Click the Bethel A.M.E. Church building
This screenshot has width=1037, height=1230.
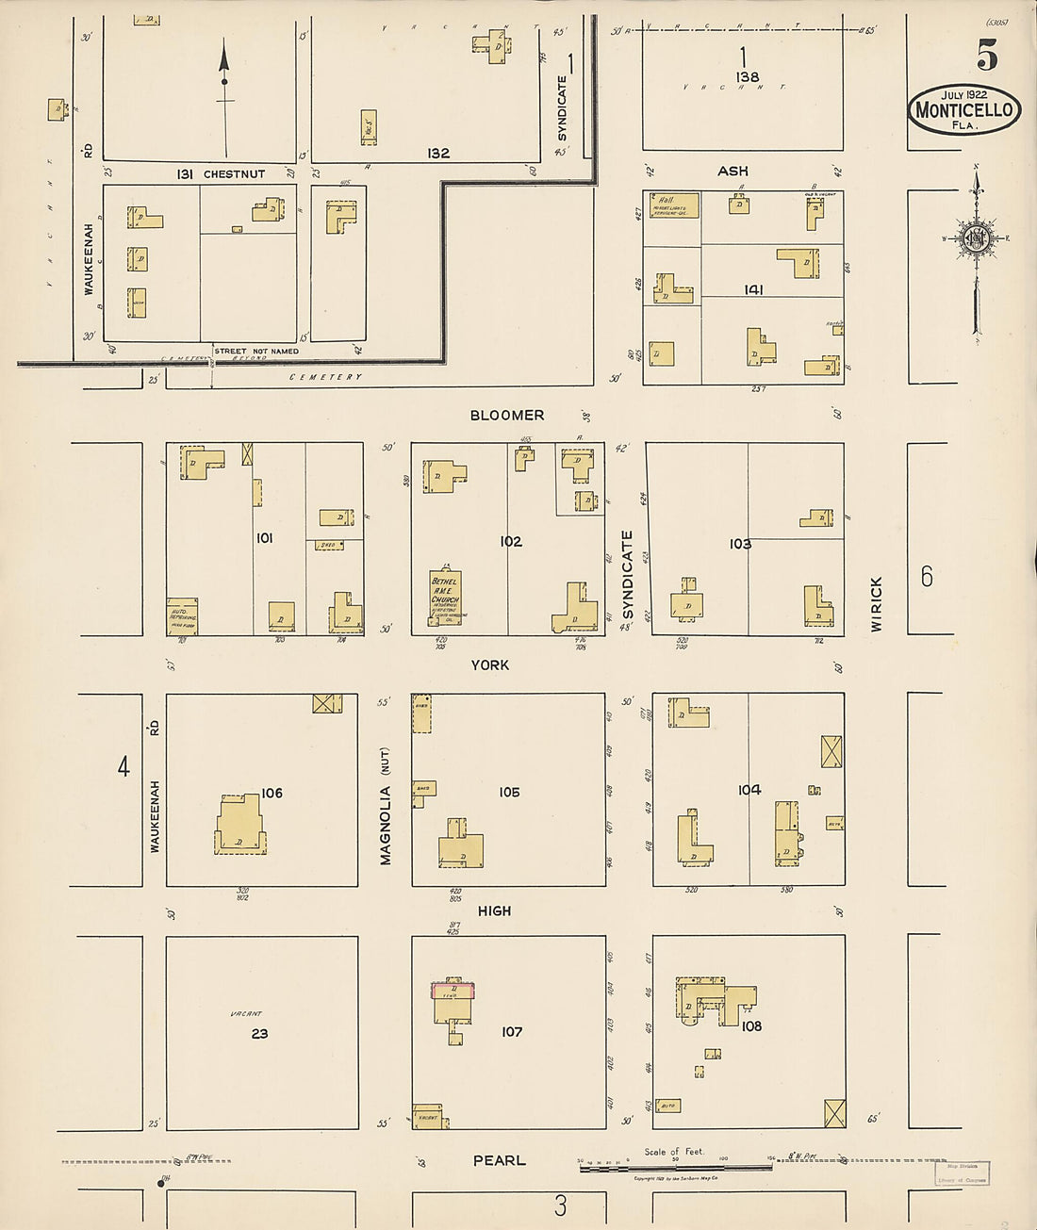(x=445, y=598)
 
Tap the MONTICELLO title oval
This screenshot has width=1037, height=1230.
(x=964, y=110)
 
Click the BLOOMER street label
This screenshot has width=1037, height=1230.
(x=508, y=415)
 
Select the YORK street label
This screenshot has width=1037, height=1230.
(x=490, y=664)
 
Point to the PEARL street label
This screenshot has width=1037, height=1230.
(x=499, y=1160)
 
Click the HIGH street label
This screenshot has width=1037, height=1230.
(x=494, y=910)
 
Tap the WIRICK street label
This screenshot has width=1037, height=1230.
(x=877, y=604)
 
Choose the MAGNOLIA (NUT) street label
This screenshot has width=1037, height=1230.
(x=386, y=813)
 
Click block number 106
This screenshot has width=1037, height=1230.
(x=272, y=793)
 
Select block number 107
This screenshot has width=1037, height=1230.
(x=511, y=1031)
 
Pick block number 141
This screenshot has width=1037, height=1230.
(x=752, y=289)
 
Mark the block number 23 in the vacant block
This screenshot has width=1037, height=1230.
(x=259, y=1033)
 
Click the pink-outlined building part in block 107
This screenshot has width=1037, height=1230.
(x=453, y=991)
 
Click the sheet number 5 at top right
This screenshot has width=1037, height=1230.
(x=986, y=57)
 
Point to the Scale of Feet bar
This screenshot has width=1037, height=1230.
(x=675, y=1165)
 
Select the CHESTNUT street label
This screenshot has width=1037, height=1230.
(x=234, y=174)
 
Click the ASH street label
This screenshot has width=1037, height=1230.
(x=732, y=171)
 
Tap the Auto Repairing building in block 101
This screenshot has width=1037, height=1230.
(x=182, y=615)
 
